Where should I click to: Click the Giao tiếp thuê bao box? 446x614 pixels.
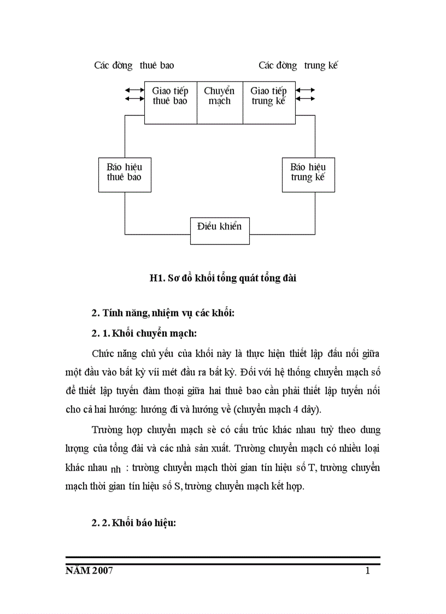[x=170, y=102]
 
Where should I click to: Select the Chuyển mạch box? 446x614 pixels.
[x=219, y=102]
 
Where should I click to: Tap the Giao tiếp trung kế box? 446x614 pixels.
[x=268, y=102]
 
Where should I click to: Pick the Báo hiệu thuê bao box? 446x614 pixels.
[x=125, y=175]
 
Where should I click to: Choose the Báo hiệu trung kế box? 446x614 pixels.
[x=308, y=175]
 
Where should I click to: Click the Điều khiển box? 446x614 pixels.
[x=220, y=231]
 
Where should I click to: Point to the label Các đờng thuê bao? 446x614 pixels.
[x=134, y=66]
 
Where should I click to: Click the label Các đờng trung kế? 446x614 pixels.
[x=298, y=66]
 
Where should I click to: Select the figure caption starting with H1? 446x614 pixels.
[x=223, y=278]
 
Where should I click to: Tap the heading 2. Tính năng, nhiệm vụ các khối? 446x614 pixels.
[x=163, y=313]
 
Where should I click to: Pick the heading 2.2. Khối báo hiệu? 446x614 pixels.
[x=134, y=523]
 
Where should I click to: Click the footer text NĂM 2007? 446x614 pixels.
[x=89, y=571]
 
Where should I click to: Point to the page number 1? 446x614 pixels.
[x=368, y=571]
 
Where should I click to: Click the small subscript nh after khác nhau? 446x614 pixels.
[x=115, y=470]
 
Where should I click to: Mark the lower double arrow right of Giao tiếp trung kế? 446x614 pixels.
[x=305, y=99]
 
